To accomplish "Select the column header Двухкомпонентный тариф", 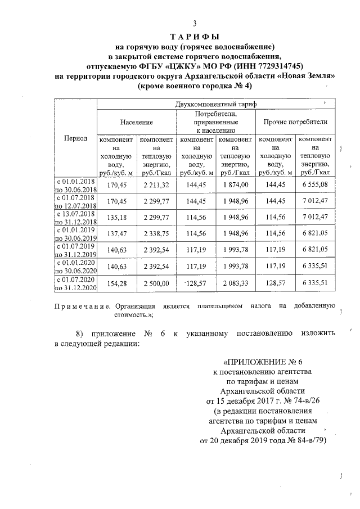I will [x=216, y=105].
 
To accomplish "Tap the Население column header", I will [x=136, y=121].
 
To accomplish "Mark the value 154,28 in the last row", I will [x=116, y=283].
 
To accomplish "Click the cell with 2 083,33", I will [x=235, y=283].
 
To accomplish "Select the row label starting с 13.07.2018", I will [x=76, y=217].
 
